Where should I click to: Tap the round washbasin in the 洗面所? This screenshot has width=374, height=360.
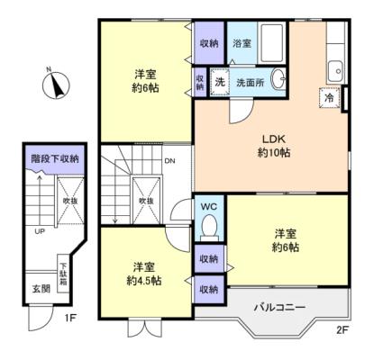coord(277,77)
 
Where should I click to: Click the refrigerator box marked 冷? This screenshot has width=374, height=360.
coord(329,96)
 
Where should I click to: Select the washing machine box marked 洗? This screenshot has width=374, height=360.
coord(219,80)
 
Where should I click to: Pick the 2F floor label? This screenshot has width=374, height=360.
coord(342,329)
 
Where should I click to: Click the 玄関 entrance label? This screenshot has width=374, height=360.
coord(41,289)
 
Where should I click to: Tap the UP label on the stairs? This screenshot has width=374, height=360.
coord(40,231)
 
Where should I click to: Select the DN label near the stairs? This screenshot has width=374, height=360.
coord(169,163)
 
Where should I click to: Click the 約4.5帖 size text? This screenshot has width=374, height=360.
coord(144,282)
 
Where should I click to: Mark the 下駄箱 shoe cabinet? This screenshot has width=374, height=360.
coord(63,270)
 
